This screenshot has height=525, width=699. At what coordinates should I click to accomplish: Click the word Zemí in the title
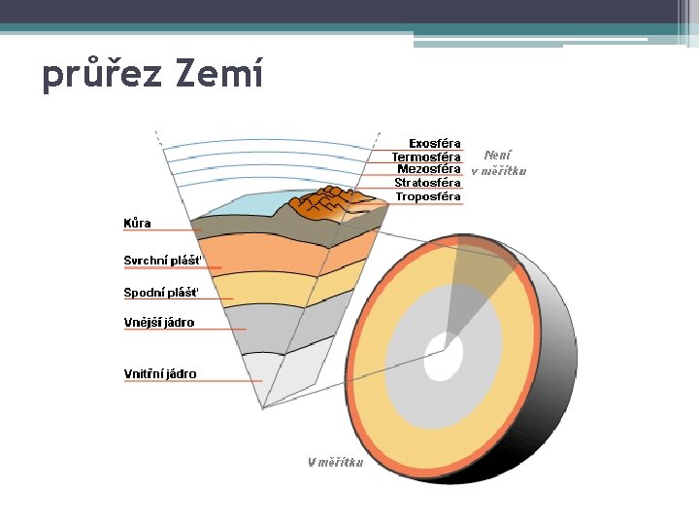(x=220, y=74)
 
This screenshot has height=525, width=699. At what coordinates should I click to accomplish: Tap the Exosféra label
(x=434, y=144)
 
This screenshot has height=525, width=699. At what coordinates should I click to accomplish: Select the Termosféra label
(x=426, y=157)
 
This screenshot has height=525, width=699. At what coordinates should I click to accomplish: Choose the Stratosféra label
(x=427, y=183)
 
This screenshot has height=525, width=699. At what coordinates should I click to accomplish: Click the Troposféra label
(x=427, y=196)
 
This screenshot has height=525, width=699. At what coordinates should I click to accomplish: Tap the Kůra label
(x=137, y=223)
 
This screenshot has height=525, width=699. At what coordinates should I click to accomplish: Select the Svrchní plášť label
(x=162, y=261)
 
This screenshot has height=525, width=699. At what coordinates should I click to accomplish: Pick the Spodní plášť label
(x=161, y=292)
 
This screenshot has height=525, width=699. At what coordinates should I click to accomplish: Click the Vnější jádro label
(x=159, y=323)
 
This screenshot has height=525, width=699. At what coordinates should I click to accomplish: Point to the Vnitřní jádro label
(x=160, y=373)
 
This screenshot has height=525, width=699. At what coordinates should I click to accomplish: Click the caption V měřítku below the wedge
(x=336, y=463)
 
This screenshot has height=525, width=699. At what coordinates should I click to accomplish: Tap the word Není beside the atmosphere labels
(x=497, y=155)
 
